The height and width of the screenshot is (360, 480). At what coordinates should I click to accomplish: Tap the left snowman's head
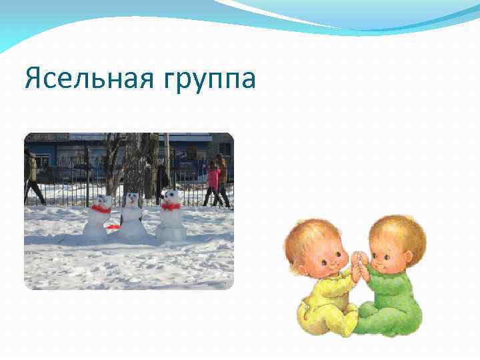103,201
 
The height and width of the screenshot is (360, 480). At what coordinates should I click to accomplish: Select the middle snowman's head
133,199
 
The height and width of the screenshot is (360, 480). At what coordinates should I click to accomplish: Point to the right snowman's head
173,197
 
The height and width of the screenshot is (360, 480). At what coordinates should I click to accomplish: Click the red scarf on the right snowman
171,207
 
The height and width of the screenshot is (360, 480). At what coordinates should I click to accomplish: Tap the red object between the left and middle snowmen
113,227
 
